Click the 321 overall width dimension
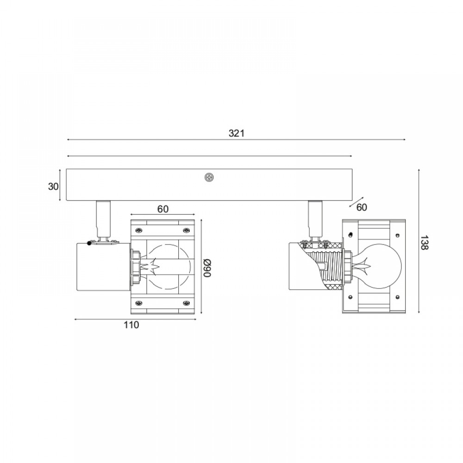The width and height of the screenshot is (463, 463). coord(237,133)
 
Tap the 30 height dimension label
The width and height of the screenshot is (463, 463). coord(53,187)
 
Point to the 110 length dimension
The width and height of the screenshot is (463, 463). coord(131,325)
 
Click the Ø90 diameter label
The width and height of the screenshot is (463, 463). coord(207,268)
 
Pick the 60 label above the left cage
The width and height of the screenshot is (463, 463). coord(163,209)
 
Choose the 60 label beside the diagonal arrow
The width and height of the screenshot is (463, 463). coord(362,207)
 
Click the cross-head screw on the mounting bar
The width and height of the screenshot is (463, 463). coord(209,177)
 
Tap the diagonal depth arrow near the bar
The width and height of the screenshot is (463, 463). coord(357,202)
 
